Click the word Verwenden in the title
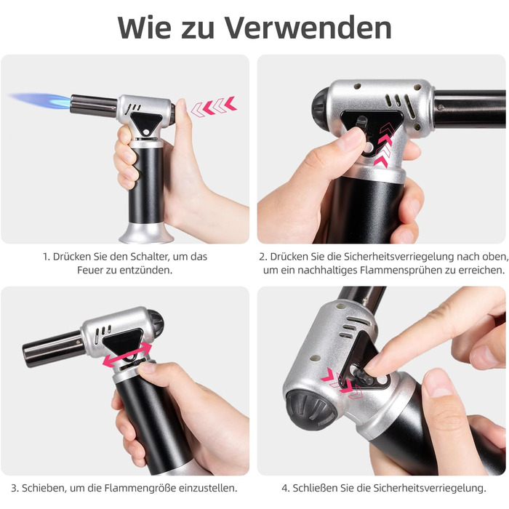[x=308, y=28]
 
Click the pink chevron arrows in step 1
[x=213, y=106]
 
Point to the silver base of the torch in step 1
[x=147, y=233]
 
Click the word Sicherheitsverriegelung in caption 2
[x=398, y=257]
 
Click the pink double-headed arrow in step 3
[x=127, y=355]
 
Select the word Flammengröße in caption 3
[x=140, y=488]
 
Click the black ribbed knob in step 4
[x=310, y=409]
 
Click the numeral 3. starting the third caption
[x=15, y=488]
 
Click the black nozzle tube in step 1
[x=94, y=106]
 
